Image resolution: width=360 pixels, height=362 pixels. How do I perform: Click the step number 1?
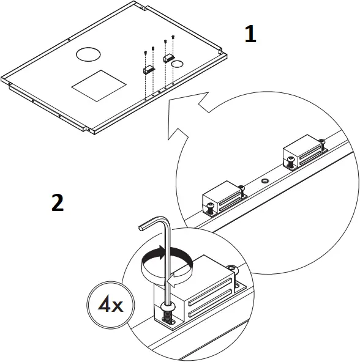point(250,34)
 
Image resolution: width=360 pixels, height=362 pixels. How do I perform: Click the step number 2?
point(57,203)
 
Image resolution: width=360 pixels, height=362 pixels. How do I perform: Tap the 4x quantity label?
point(108,304)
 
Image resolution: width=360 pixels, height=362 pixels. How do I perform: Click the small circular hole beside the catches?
point(177,64)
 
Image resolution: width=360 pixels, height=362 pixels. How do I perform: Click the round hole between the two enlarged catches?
point(264,182)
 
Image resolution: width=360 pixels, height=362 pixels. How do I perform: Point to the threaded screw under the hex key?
point(167,313)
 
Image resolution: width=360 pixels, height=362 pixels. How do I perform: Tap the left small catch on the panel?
point(148,70)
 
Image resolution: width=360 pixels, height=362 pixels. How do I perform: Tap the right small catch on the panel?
point(168,57)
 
